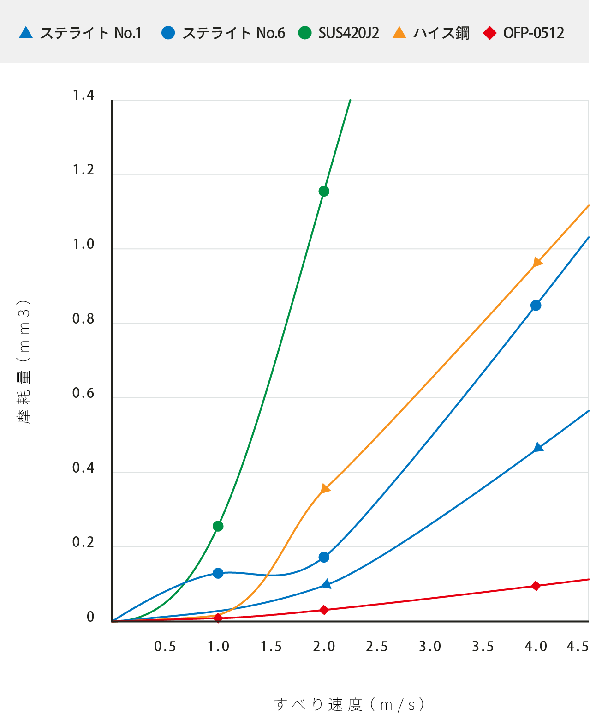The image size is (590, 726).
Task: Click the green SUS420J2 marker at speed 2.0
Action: click(x=324, y=191)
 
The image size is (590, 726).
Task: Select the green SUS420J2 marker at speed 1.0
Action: click(x=218, y=526)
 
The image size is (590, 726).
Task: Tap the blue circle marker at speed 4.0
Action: click(x=536, y=306)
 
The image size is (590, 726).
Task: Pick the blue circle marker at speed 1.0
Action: click(x=218, y=573)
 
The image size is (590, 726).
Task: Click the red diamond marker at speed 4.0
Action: click(x=536, y=586)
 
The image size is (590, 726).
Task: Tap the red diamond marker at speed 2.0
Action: click(x=324, y=610)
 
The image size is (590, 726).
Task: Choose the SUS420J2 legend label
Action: click(x=349, y=33)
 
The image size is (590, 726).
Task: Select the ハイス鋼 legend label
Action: click(x=441, y=33)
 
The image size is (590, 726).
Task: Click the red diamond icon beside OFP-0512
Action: click(x=489, y=33)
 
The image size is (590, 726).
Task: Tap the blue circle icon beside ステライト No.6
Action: click(x=168, y=33)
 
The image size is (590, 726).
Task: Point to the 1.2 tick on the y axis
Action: click(x=83, y=170)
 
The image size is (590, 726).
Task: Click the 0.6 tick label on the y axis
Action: click(x=83, y=393)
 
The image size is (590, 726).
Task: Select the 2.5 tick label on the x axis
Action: click(x=377, y=647)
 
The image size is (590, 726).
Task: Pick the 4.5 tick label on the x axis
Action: click(x=578, y=647)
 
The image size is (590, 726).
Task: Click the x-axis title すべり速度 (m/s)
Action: click(x=350, y=705)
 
